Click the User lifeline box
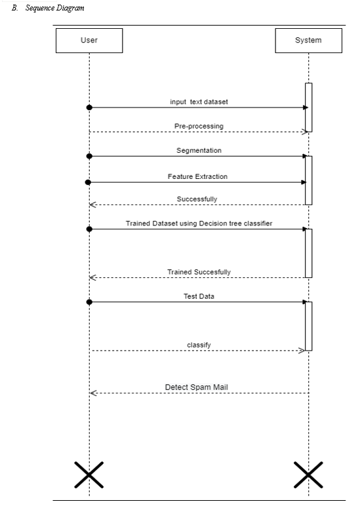(x=89, y=41)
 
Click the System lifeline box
(x=308, y=41)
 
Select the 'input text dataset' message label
(x=199, y=102)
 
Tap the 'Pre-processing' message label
(x=199, y=126)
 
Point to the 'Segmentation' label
(x=199, y=150)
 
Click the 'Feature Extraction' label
(x=197, y=176)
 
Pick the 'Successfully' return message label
(x=197, y=199)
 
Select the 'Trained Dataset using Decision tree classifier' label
(x=199, y=224)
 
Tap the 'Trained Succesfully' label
(x=199, y=272)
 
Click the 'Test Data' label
(x=199, y=296)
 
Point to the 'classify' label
(x=199, y=345)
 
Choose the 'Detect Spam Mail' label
(x=196, y=387)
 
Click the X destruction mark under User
(x=89, y=475)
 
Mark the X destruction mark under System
(x=308, y=475)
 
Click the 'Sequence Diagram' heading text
(x=55, y=8)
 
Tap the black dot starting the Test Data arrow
(x=89, y=302)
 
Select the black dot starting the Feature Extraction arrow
(x=88, y=182)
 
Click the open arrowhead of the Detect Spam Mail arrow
(x=93, y=393)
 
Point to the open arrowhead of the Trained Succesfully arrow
(x=92, y=278)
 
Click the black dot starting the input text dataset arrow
(x=89, y=107)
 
